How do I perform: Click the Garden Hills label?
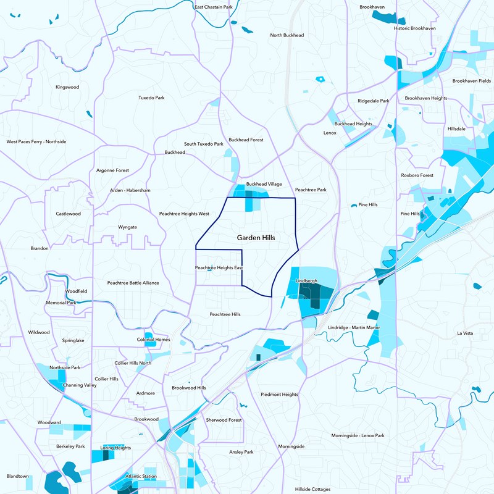(x=256, y=237)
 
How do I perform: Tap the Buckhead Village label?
(x=264, y=184)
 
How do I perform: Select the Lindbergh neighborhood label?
(x=306, y=280)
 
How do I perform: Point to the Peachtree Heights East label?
(x=219, y=267)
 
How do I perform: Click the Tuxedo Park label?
(x=151, y=98)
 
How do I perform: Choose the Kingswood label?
(x=67, y=87)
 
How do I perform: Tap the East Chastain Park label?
(x=213, y=7)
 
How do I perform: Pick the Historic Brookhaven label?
(x=414, y=28)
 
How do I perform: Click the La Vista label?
(x=464, y=333)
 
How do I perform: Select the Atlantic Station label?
(x=141, y=476)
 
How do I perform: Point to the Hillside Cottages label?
(x=312, y=488)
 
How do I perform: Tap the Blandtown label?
(x=17, y=476)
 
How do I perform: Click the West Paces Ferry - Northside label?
(x=36, y=141)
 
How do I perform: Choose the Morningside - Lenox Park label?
(x=358, y=435)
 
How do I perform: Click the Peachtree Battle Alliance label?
(x=133, y=283)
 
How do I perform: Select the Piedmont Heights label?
(x=279, y=394)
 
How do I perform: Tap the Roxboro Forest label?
(x=417, y=175)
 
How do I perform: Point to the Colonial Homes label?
(x=153, y=339)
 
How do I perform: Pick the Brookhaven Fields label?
(x=472, y=81)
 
